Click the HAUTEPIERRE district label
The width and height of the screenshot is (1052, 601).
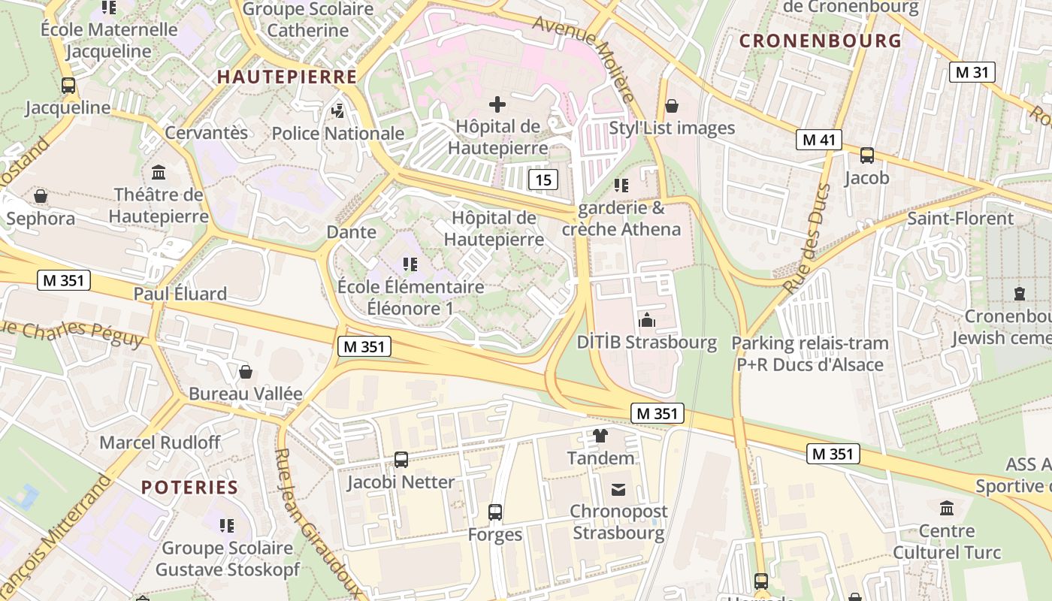click(x=287, y=77)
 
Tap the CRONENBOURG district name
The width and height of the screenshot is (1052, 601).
click(x=820, y=41)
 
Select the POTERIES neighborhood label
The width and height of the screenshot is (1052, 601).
click(x=189, y=487)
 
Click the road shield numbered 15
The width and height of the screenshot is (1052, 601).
click(x=543, y=180)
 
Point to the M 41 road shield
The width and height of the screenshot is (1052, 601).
click(x=819, y=140)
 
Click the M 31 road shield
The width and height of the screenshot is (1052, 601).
click(x=972, y=72)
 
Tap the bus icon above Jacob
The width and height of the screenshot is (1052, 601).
click(x=866, y=156)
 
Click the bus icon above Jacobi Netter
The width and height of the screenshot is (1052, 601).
click(x=401, y=459)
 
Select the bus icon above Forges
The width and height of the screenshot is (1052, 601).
click(x=494, y=512)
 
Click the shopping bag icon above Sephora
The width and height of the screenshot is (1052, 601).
click(x=41, y=196)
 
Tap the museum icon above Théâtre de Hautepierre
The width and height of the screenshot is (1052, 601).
click(x=159, y=173)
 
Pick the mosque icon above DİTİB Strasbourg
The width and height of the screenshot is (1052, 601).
click(x=646, y=321)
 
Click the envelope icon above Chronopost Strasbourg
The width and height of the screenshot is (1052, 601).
click(x=618, y=490)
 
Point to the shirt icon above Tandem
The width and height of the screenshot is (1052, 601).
click(x=600, y=435)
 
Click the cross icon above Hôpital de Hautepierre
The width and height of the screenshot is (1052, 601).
click(x=497, y=104)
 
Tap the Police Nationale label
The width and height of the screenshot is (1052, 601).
click(x=338, y=134)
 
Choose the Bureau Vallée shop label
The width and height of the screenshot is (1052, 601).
click(x=245, y=394)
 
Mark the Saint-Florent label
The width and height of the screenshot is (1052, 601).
click(x=960, y=219)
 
